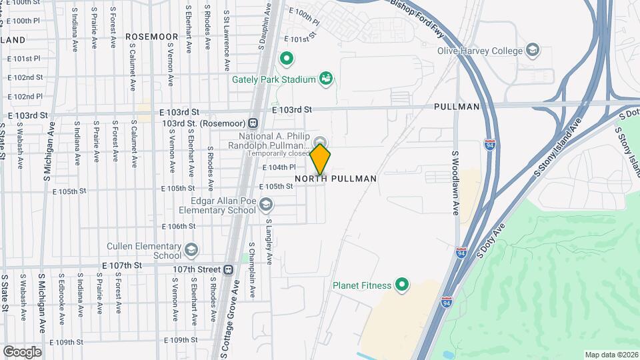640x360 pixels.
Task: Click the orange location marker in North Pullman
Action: click(x=321, y=159)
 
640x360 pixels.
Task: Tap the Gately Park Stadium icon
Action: click(x=326, y=79)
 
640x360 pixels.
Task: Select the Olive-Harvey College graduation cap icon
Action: click(x=533, y=49)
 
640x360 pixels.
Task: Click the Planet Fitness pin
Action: click(x=402, y=285)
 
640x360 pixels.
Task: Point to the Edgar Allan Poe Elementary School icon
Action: click(x=267, y=205)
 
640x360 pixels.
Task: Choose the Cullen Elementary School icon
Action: click(x=192, y=250)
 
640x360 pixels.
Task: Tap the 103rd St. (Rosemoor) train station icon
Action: click(x=253, y=123)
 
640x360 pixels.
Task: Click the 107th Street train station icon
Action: click(x=229, y=269)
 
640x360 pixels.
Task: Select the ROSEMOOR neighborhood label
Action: click(x=152, y=37)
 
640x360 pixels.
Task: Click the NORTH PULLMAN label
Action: click(x=336, y=179)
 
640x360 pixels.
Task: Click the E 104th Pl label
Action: click(x=279, y=167)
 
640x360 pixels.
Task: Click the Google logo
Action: click(x=22, y=351)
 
